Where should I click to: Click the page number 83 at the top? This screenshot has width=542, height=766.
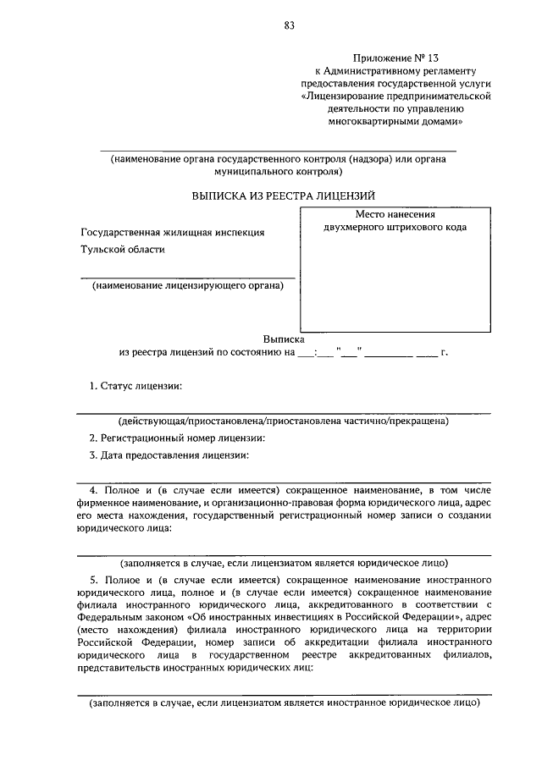pos(289,25)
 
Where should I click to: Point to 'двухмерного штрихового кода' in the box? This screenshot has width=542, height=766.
pos(395,228)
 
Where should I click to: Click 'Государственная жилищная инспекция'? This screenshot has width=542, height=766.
pos(173,232)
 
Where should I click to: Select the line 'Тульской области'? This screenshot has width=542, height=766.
pos(123,250)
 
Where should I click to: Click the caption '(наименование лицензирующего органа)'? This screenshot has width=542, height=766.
pos(188,285)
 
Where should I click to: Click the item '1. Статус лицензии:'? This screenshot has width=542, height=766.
pos(135,386)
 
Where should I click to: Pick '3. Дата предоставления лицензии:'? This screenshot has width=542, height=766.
pos(169,455)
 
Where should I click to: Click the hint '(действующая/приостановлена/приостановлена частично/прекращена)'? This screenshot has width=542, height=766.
pos(284,421)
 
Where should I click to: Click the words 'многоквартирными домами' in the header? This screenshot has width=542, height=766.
pos(404,122)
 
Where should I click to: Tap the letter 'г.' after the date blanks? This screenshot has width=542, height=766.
pos(443,351)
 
